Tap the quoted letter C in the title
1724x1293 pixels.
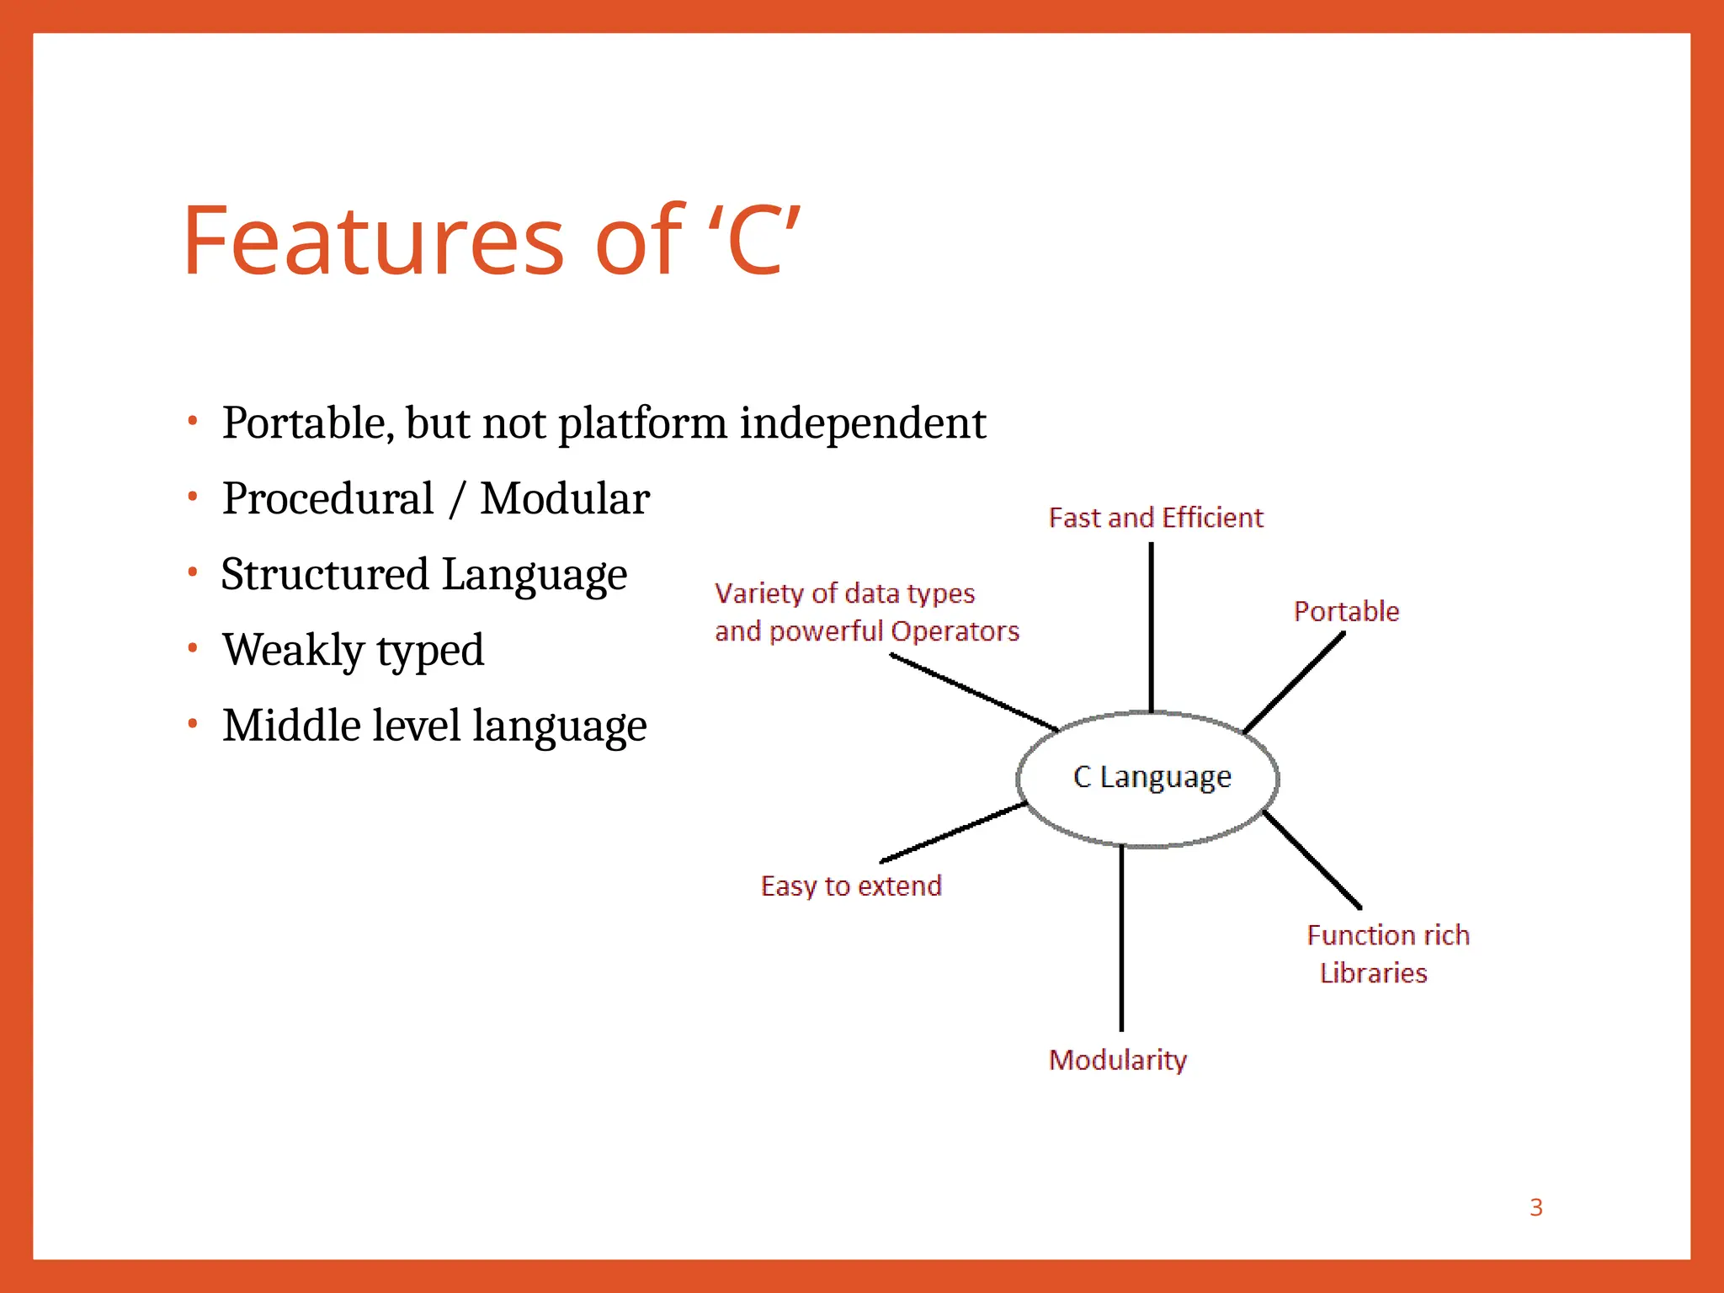coord(755,242)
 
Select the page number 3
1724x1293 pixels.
coord(1535,1207)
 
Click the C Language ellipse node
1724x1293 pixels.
coord(1151,777)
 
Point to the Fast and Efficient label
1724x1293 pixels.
coord(1155,518)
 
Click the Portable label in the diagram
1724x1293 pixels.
coord(1346,611)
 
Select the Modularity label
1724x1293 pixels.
coord(1117,1060)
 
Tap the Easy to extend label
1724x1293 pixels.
coord(850,886)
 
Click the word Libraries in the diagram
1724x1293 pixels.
coord(1373,973)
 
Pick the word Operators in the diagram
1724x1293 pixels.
coord(955,631)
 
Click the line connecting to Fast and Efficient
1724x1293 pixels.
coord(1151,627)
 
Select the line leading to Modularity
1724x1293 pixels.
coord(1121,939)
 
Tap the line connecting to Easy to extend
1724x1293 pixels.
coord(953,833)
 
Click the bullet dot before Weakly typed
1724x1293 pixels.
coord(193,648)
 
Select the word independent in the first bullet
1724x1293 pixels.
coord(862,423)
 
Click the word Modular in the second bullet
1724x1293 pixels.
coord(565,498)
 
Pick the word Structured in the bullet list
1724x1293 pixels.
coord(325,574)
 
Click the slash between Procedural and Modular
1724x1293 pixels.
coord(457,498)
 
